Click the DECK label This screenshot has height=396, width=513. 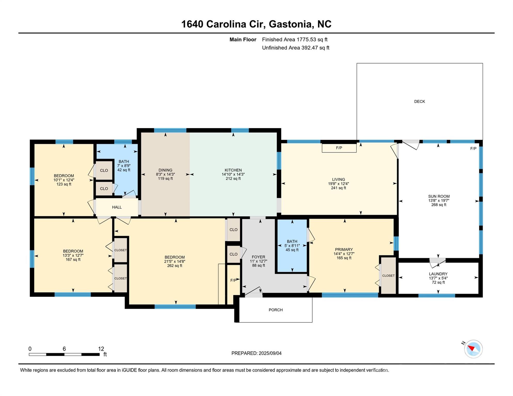coord(419,102)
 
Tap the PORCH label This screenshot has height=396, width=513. coord(276,310)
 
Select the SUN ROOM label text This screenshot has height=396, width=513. coord(439,196)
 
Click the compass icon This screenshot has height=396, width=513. coord(473,349)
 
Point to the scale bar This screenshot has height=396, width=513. coord(64,354)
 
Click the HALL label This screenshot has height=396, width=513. coord(117,207)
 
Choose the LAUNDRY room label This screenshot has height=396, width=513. coord(438,274)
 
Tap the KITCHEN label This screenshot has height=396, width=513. coord(233,170)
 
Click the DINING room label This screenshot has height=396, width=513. coord(165,170)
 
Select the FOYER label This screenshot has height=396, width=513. coord(258,257)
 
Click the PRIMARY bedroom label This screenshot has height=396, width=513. coord(344,250)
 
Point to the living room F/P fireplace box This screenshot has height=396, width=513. coord(339,148)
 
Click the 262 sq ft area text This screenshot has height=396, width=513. coord(174,266)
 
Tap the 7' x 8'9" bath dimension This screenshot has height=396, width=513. coord(124,166)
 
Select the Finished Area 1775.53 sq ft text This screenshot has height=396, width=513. coord(295,39)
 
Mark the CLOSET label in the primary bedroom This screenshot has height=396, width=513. coord(388,276)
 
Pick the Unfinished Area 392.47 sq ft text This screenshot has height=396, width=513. coord(295,48)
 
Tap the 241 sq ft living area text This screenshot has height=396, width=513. coord(339,188)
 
